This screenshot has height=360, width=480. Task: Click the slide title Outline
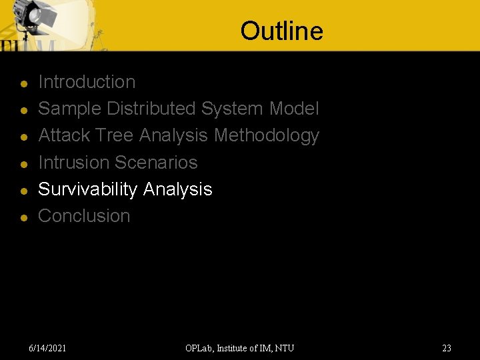281,31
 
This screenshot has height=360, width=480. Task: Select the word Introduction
87,82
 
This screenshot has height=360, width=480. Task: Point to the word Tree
114,135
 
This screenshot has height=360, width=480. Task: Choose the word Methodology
266,136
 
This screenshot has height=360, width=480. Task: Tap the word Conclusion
84,216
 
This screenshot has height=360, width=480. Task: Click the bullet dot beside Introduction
23,84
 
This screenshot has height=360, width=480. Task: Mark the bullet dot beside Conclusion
23,218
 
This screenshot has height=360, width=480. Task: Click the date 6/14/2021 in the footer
47,348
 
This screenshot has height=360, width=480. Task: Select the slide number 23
446,348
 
